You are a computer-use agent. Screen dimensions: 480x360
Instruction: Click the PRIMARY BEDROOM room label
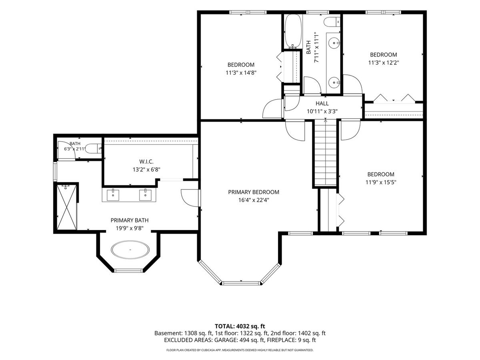tap(254, 192)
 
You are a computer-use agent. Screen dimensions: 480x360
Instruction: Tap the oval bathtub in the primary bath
tap(130, 250)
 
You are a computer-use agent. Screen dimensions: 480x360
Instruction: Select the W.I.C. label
tap(146, 162)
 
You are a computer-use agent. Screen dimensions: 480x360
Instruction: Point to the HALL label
tap(322, 103)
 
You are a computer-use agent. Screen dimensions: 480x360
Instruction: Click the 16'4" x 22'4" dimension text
tap(254, 200)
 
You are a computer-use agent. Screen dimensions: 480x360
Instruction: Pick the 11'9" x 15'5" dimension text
tap(381, 182)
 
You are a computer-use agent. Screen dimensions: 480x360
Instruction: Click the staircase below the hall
tap(325, 153)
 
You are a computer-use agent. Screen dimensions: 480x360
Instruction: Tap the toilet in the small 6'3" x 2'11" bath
tap(94, 149)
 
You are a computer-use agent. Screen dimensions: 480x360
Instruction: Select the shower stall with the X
tap(67, 207)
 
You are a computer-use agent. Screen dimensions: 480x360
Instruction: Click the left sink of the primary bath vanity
tap(113, 195)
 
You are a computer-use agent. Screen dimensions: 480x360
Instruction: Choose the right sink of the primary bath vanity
tap(145, 195)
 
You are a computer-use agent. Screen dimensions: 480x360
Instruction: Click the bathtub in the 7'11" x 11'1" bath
tap(293, 31)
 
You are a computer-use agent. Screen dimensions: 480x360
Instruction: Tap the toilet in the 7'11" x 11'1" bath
tap(332, 22)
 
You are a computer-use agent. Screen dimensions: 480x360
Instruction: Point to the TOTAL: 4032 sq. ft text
tap(240, 326)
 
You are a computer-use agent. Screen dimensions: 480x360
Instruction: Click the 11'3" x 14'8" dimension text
tap(241, 72)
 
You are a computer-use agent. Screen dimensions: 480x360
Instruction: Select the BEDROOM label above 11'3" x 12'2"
tap(383, 55)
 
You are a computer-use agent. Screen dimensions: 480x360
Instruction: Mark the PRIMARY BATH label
tap(130, 220)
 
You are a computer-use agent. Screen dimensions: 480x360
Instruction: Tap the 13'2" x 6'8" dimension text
tap(146, 170)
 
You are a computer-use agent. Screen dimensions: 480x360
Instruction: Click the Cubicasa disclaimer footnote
tap(240, 350)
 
